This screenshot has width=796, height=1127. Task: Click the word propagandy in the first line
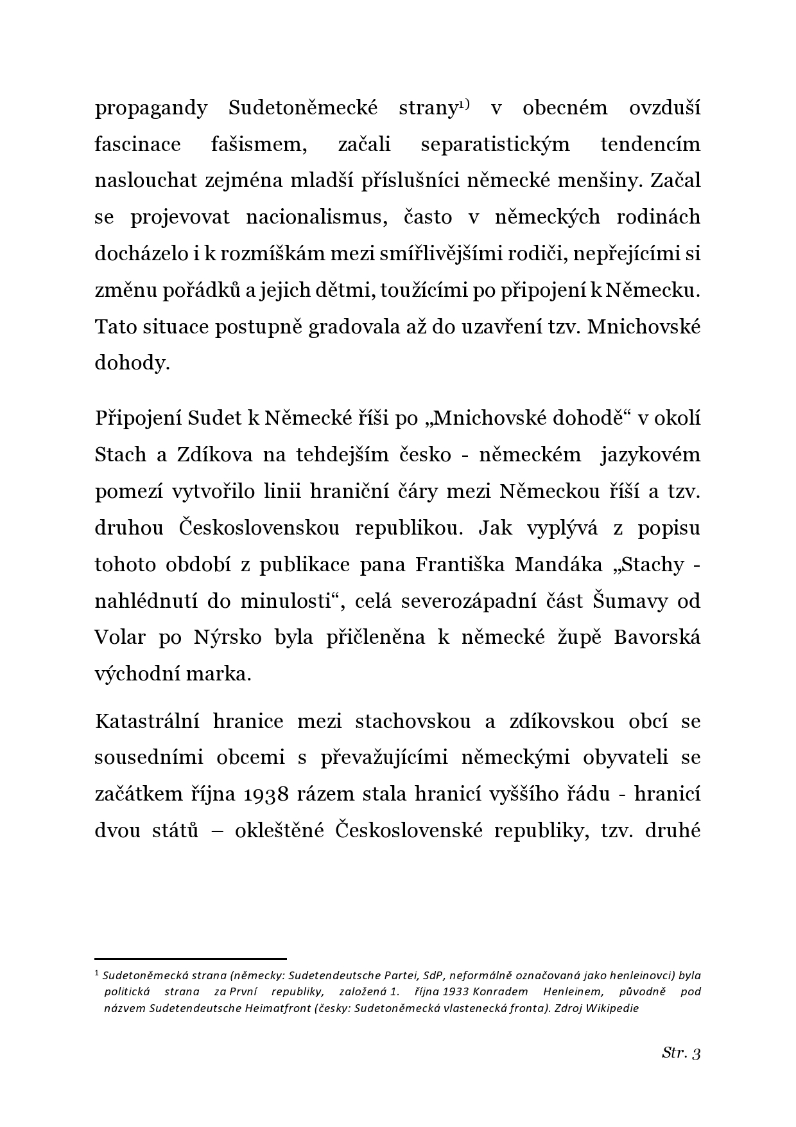click(151, 108)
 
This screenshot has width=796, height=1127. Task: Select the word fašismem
click(259, 144)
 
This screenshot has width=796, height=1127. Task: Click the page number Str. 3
click(681, 1053)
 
